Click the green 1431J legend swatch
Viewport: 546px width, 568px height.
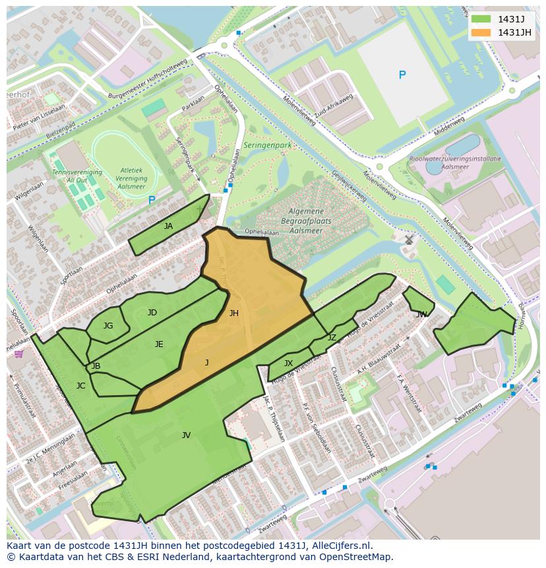(481, 19)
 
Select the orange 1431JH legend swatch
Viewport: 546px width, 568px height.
(481, 32)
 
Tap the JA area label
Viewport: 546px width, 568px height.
(168, 226)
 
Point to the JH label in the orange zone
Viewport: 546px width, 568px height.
(233, 313)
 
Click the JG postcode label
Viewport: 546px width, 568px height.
(108, 325)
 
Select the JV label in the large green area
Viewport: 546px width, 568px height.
(186, 435)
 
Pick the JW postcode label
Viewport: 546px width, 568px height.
(421, 315)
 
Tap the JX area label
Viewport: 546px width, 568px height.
(288, 363)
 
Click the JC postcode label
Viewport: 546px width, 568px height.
(80, 386)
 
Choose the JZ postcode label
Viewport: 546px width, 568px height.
(332, 338)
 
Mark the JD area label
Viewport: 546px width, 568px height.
(152, 313)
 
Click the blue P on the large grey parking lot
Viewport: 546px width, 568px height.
(402, 75)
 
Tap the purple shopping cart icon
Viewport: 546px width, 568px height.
(18, 354)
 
